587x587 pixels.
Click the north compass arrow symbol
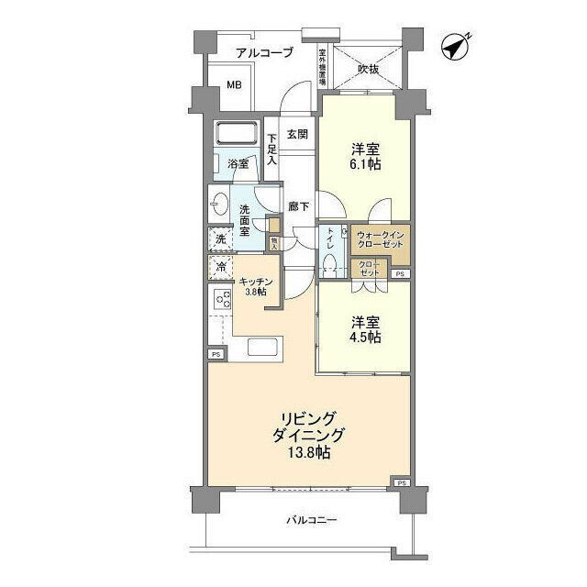[455, 45]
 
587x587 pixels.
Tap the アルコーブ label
[263, 53]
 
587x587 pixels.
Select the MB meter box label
[235, 87]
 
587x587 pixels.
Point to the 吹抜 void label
[369, 68]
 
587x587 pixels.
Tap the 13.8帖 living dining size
[305, 454]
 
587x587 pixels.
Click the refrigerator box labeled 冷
[220, 268]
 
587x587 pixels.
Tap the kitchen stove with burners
[221, 301]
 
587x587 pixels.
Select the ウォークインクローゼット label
[380, 242]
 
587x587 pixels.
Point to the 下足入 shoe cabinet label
[272, 150]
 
